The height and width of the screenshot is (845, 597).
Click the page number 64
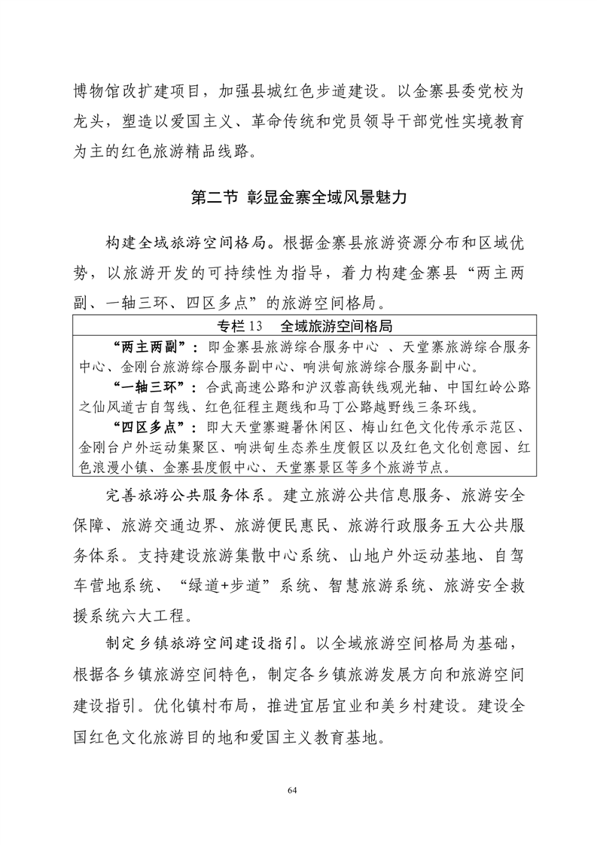coord(298,790)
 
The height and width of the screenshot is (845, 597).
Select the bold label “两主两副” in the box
coord(153,346)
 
